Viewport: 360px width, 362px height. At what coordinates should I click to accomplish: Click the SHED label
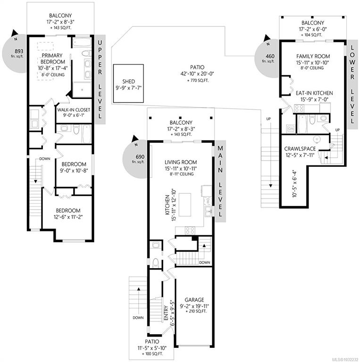(128, 82)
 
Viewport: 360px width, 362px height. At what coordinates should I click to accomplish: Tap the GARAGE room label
(194, 300)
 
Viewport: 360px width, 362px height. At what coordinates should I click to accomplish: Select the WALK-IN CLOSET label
(74, 110)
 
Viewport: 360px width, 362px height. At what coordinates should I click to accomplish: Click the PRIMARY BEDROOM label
(52, 58)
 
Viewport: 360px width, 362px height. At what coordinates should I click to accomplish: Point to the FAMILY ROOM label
(313, 57)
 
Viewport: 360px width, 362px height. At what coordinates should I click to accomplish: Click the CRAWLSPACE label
(300, 149)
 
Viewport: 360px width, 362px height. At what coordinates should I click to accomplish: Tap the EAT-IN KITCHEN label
(314, 93)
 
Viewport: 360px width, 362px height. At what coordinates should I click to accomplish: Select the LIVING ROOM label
(181, 162)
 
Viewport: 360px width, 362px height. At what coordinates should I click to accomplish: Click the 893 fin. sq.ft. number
(19, 51)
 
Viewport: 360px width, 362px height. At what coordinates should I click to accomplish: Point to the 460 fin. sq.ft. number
(270, 56)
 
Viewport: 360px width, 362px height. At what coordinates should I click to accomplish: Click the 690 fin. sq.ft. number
(140, 157)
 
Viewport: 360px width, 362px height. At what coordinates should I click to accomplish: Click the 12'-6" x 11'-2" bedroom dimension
(68, 217)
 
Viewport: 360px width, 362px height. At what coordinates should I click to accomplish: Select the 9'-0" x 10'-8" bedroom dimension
(74, 171)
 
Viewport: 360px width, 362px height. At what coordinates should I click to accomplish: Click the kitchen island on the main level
(185, 205)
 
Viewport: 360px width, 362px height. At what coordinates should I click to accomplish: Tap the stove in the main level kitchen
(190, 230)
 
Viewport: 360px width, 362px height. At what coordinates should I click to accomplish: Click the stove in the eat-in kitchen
(299, 108)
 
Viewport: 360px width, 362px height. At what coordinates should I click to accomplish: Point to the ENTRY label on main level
(166, 313)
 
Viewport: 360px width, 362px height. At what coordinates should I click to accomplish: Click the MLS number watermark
(345, 360)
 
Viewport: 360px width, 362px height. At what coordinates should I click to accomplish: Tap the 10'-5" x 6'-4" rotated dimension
(294, 184)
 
